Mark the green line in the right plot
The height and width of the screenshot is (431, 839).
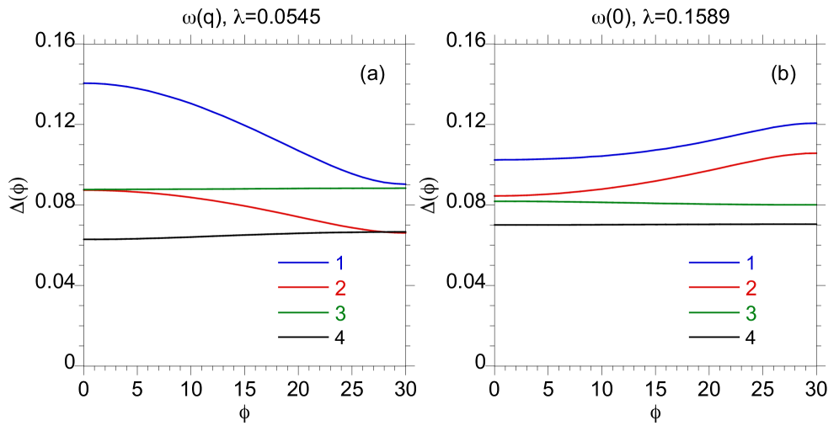(x=657, y=203)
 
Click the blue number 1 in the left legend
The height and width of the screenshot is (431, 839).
(x=340, y=263)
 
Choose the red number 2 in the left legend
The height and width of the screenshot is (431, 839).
(x=340, y=288)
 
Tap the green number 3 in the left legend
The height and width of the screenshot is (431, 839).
(x=340, y=313)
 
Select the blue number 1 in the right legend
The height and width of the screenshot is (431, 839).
(x=751, y=263)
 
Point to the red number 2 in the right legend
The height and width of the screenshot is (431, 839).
(x=751, y=288)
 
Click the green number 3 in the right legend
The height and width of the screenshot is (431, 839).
(x=751, y=313)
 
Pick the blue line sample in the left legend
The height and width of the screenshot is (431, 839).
(x=303, y=263)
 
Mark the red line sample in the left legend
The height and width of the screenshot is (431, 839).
(x=303, y=288)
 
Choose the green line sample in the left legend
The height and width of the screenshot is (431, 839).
(x=303, y=313)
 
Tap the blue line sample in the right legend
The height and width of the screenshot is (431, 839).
(x=713, y=263)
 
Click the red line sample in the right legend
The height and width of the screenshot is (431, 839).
(x=713, y=288)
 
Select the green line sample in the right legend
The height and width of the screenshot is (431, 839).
(x=713, y=313)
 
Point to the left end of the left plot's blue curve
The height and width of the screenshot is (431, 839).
(x=84, y=83)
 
